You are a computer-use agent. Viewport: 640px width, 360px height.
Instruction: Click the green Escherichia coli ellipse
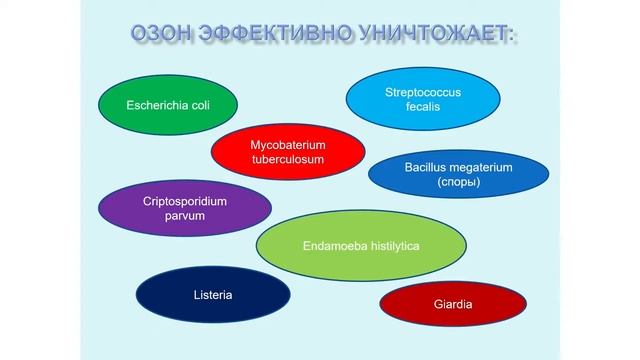[168, 104]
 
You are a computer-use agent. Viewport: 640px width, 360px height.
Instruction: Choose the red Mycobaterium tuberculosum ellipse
[287, 152]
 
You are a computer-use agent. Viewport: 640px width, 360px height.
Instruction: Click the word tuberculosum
[287, 160]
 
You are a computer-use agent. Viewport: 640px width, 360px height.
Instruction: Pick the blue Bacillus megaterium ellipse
[459, 175]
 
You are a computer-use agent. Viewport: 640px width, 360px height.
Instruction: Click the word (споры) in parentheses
[459, 183]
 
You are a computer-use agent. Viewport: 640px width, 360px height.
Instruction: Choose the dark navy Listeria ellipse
[212, 295]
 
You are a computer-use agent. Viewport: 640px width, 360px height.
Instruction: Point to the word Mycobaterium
[287, 144]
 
